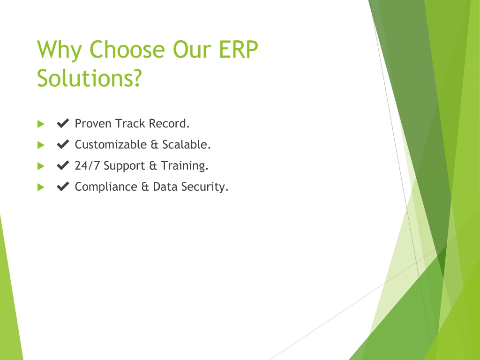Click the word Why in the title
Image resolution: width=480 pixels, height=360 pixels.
[60, 50]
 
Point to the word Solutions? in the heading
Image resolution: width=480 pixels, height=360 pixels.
[90, 78]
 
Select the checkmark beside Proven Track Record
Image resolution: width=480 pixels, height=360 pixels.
[63, 123]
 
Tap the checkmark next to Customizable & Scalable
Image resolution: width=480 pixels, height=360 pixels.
[63, 144]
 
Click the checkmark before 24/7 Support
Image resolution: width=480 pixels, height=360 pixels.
[63, 165]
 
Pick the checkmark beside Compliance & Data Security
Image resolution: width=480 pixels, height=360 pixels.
[63, 187]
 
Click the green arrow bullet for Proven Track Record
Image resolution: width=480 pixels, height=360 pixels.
[41, 124]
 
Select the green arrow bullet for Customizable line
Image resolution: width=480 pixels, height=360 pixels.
[41, 145]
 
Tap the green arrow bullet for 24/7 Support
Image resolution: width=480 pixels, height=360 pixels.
[41, 166]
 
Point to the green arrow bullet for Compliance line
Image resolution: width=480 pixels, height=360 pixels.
[41, 187]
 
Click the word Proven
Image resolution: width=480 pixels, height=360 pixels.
[93, 123]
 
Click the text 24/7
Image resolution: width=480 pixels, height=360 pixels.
[87, 165]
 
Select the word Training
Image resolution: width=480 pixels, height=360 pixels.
[185, 165]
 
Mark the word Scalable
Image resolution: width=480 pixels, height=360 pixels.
[187, 144]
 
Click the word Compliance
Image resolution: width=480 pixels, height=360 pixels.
[106, 187]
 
